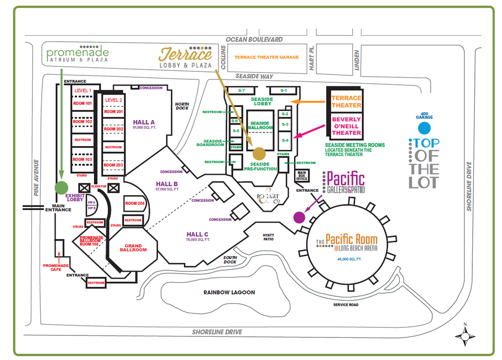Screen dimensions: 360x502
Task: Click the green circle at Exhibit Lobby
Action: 61,187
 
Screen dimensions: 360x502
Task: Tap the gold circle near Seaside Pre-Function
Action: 259,153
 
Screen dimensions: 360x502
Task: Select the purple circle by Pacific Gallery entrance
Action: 299,217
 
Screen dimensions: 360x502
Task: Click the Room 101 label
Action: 82,104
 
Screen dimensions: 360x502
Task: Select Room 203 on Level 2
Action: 113,165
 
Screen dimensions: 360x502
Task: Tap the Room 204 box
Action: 135,203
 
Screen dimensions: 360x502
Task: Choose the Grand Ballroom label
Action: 133,248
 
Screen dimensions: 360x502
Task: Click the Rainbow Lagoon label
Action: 229,292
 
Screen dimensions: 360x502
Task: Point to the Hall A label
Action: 144,122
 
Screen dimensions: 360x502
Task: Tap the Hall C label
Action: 197,234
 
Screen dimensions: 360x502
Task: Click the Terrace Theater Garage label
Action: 266,57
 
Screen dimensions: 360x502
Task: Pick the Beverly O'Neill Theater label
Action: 346,126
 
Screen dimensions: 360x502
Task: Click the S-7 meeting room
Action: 241,90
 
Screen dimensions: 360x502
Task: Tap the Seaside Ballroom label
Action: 260,126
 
